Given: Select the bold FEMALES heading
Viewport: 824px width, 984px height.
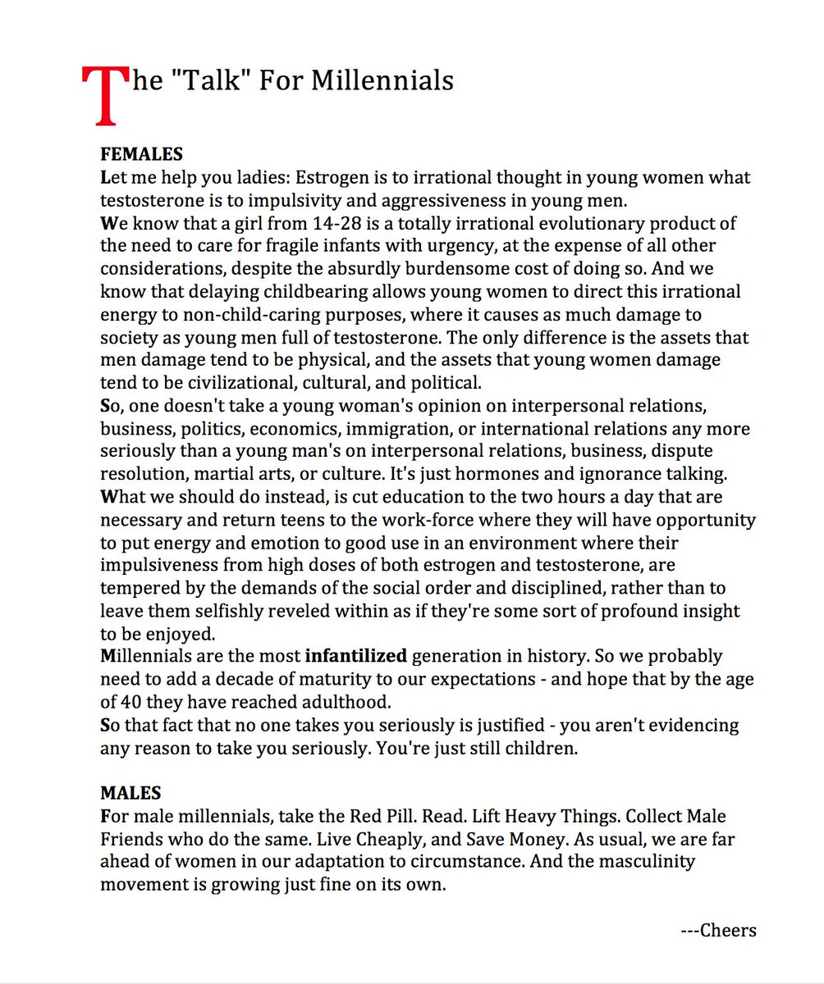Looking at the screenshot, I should coord(141,154).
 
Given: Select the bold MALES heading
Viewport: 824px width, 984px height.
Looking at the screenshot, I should coord(130,793).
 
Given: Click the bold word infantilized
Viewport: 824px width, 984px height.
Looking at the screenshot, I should coord(356,656).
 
